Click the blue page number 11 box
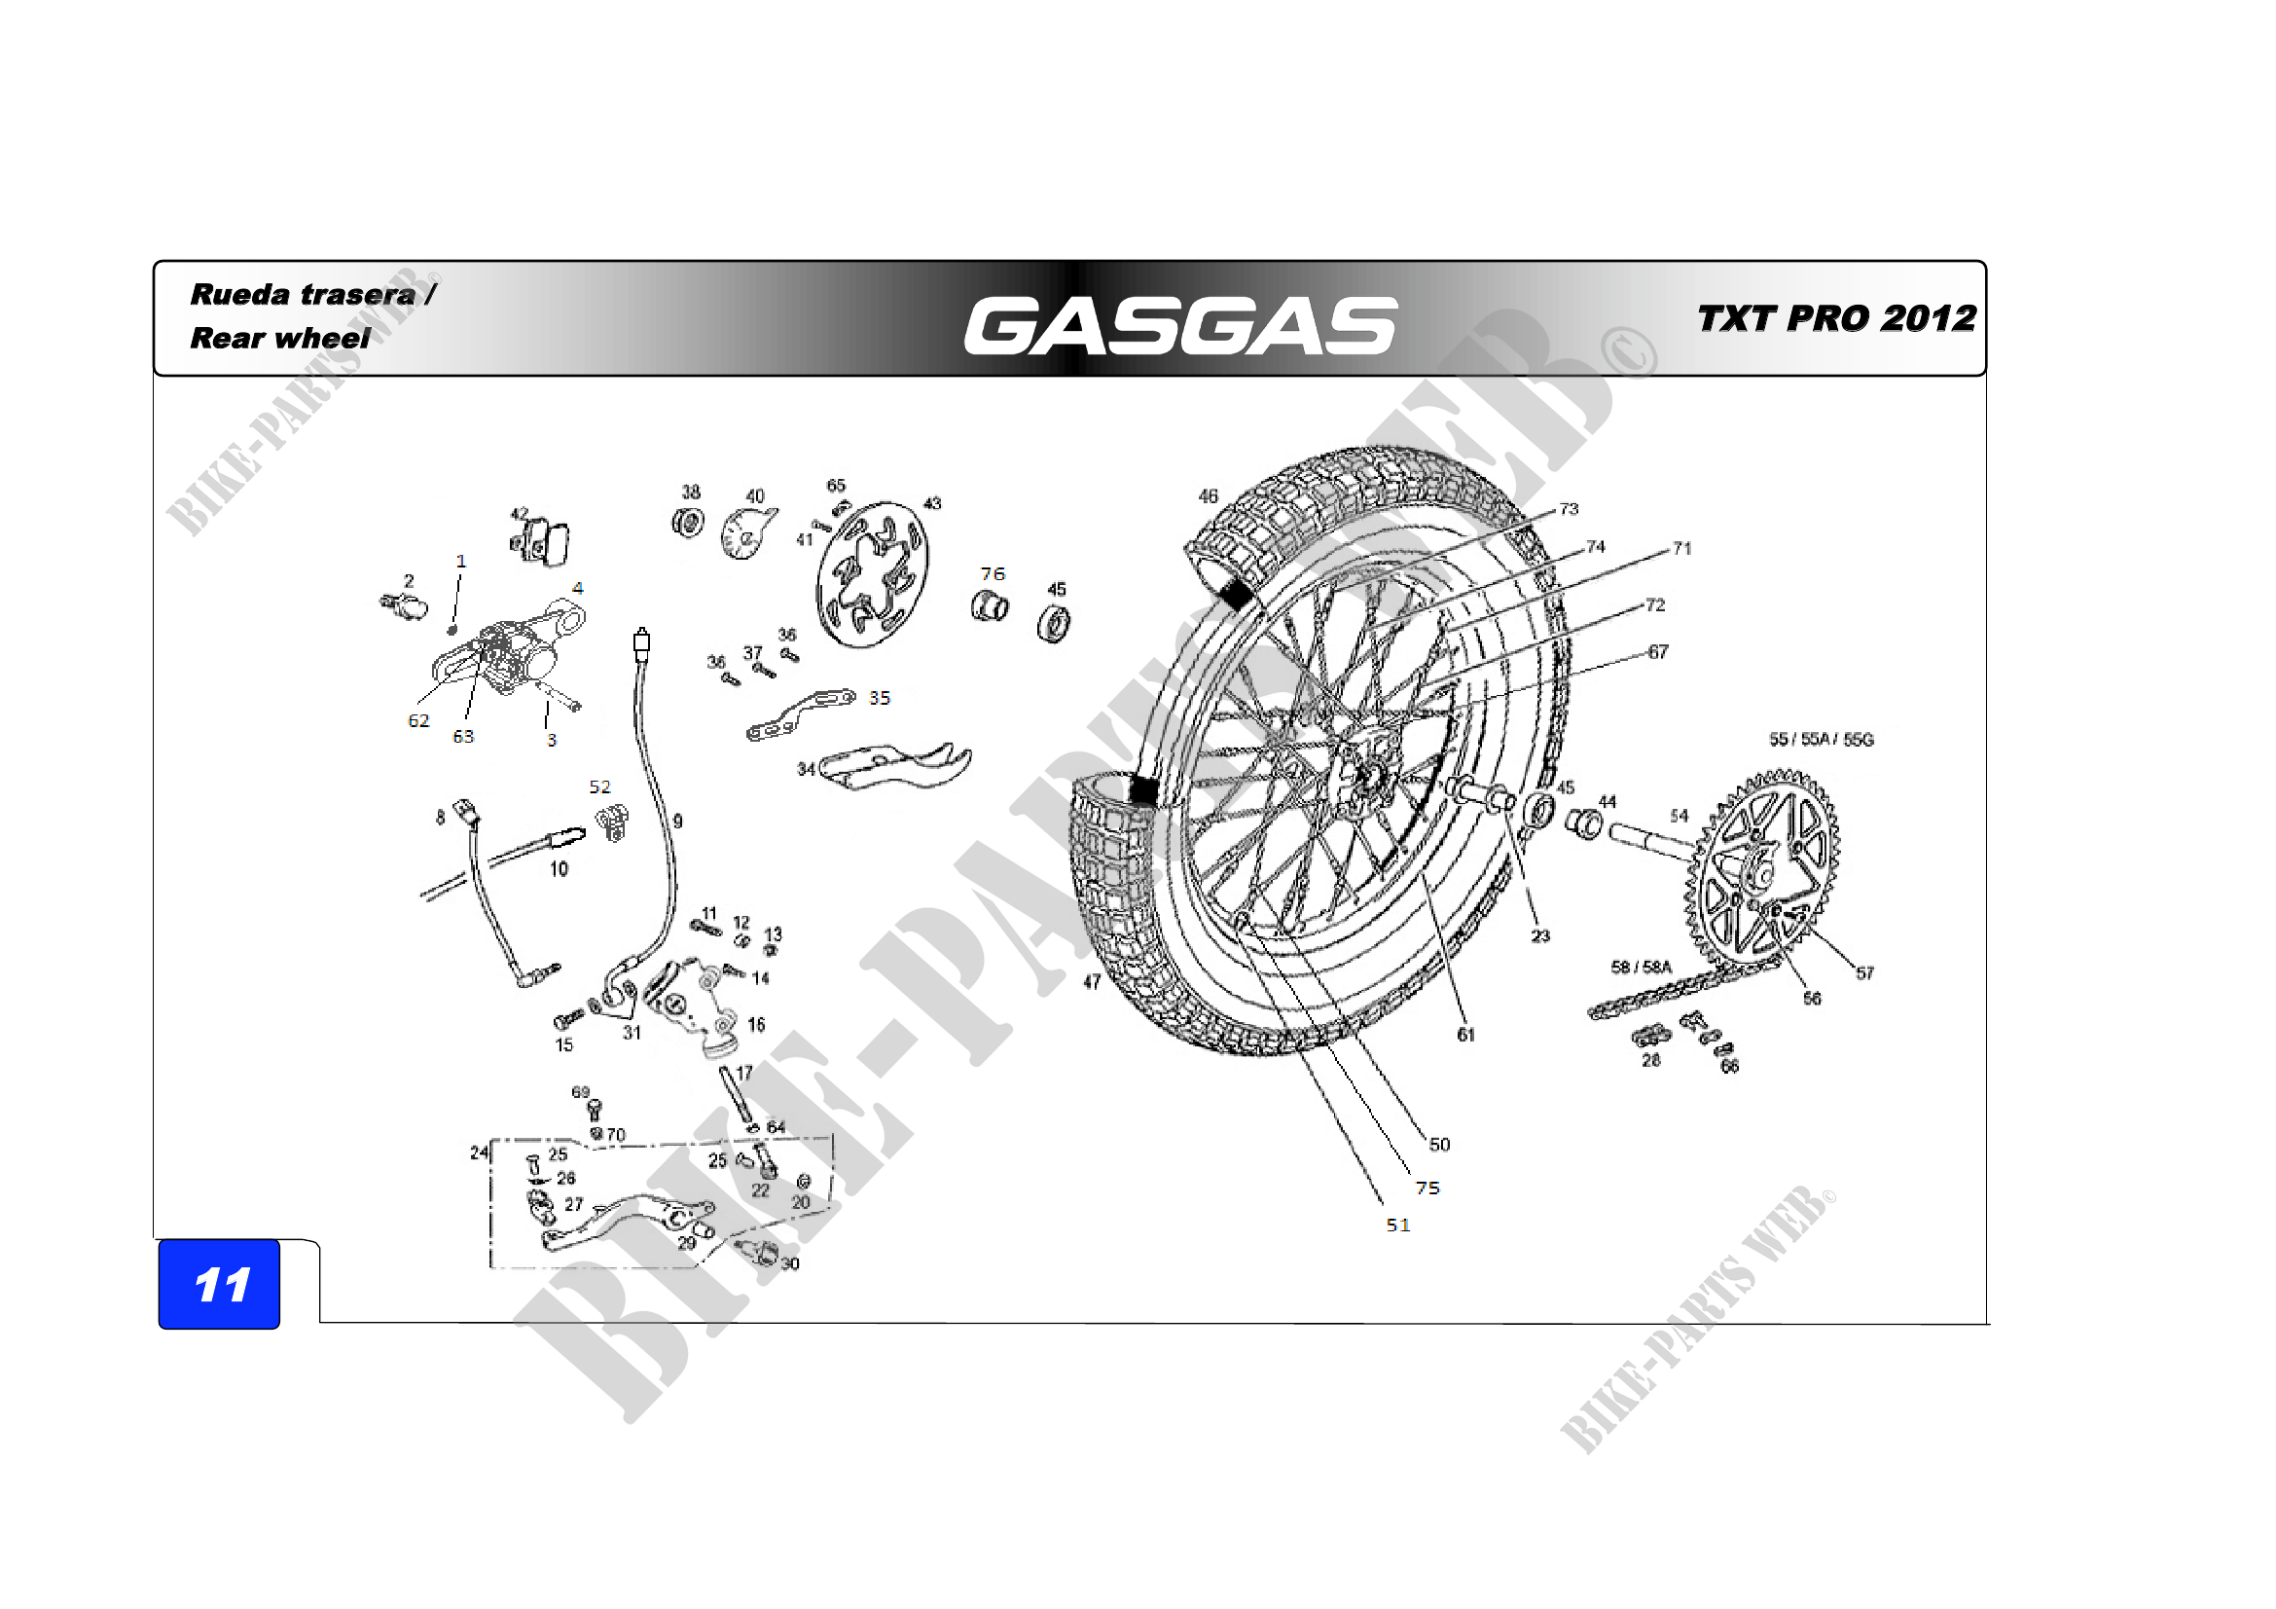click(x=219, y=1285)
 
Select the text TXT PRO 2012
click(x=1836, y=318)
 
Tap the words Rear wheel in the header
click(x=279, y=338)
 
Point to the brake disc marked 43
click(x=871, y=575)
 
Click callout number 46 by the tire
click(x=1208, y=495)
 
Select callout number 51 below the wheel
click(x=1397, y=1225)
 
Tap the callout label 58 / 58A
click(x=1641, y=967)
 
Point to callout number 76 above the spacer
click(x=993, y=574)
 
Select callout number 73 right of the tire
click(x=1569, y=508)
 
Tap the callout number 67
click(x=1658, y=651)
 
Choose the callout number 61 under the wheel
click(x=1466, y=1034)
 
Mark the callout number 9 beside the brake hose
click(x=678, y=821)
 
